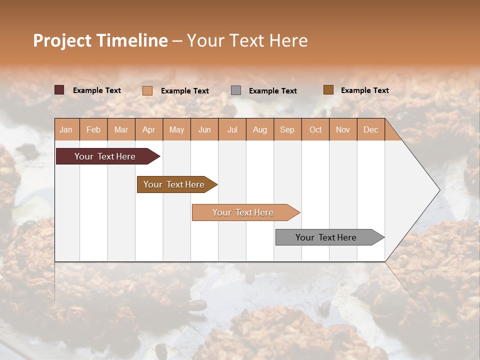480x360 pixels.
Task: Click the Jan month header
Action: point(66,129)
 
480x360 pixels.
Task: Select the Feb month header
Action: point(93,129)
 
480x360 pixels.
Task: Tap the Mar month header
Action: point(121,129)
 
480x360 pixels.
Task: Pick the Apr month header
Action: point(149,129)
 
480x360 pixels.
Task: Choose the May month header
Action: point(176,129)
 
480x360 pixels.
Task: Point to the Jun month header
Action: point(204,129)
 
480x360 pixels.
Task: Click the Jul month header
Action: point(232,129)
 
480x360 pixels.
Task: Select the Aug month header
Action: point(260,129)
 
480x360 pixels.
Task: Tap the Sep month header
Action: point(287,129)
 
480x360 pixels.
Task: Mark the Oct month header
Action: point(315,129)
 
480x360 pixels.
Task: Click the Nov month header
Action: point(343,129)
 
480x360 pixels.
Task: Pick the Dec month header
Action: point(370,129)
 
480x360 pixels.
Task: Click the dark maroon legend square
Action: point(59,90)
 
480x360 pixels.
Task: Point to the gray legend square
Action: point(236,90)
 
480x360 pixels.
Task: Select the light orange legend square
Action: point(147,90)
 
